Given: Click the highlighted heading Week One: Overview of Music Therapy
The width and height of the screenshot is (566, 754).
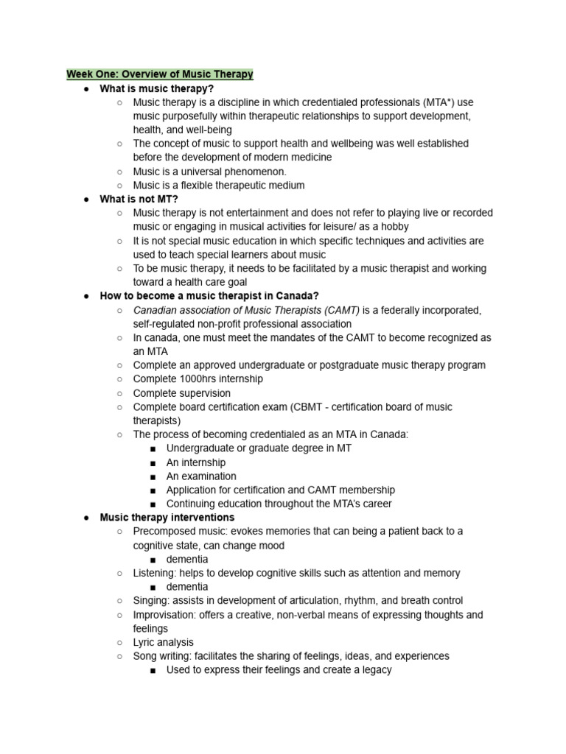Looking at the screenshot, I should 160,74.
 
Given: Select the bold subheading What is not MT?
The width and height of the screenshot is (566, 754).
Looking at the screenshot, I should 139,199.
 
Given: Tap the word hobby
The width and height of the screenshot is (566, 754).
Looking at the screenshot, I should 394,227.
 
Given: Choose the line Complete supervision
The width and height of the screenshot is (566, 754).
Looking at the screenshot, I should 181,393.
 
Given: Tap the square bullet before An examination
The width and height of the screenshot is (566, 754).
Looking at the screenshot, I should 152,476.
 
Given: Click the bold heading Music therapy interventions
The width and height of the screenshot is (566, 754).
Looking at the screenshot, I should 167,518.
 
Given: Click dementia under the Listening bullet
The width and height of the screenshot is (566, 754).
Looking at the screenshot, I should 187,587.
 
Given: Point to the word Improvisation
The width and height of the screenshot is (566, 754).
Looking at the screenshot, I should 164,615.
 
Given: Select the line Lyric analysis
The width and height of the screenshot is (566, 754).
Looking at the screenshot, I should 164,642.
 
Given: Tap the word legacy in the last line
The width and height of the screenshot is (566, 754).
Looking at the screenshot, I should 374,669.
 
